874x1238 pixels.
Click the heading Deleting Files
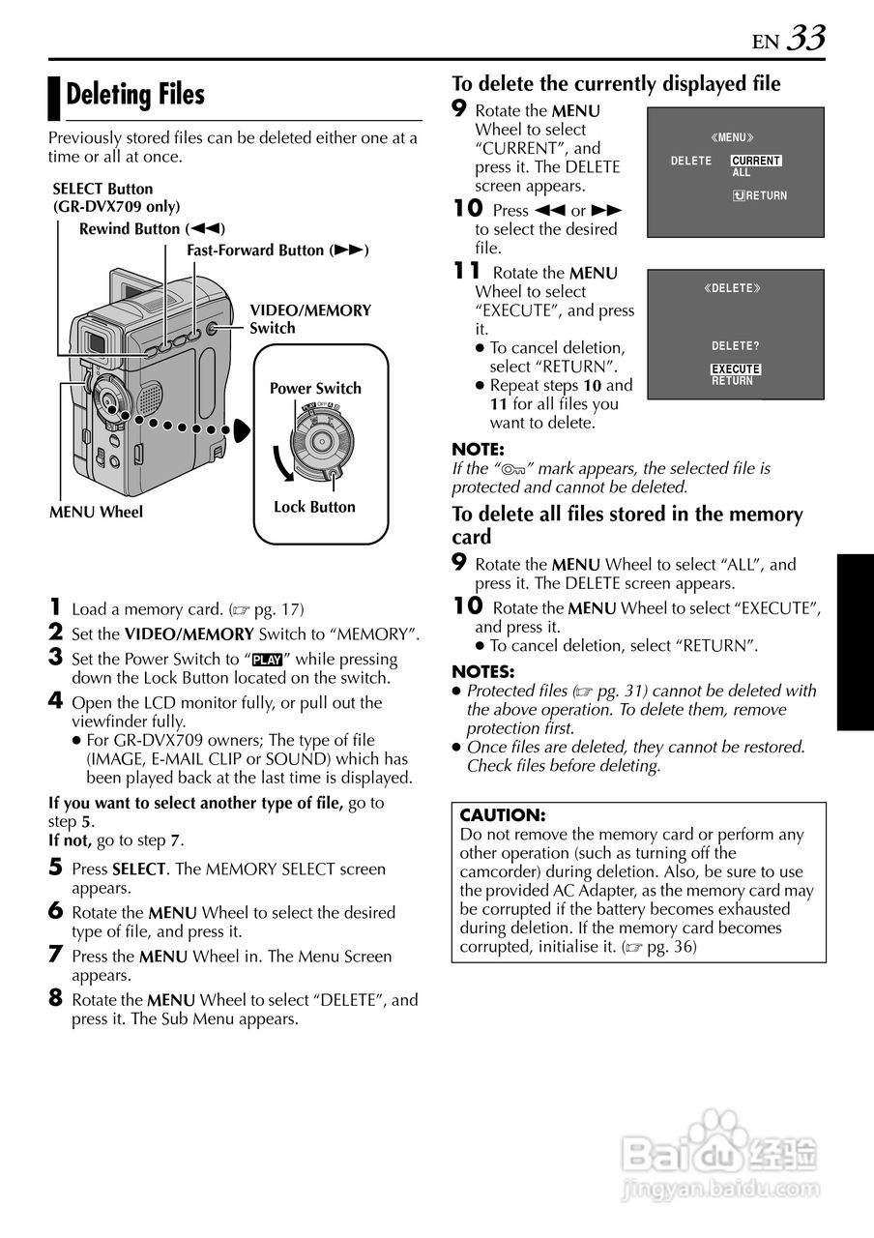[x=135, y=95]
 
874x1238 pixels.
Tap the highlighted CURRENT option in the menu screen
[x=756, y=161]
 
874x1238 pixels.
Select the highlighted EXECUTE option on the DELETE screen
[x=736, y=369]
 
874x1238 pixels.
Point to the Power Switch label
[x=315, y=389]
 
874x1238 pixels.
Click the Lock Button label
[x=314, y=507]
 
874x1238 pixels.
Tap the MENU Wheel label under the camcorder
[x=96, y=513]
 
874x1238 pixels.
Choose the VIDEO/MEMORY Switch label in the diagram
[x=310, y=319]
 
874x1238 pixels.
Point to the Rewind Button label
[x=152, y=229]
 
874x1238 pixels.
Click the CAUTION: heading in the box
[x=503, y=815]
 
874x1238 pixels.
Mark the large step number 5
[x=55, y=868]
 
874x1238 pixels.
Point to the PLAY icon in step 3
[x=266, y=660]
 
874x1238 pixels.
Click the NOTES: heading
[x=483, y=671]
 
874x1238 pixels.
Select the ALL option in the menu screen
[x=742, y=173]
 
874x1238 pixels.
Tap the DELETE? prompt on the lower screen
[x=735, y=346]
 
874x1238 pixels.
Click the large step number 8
[x=55, y=998]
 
